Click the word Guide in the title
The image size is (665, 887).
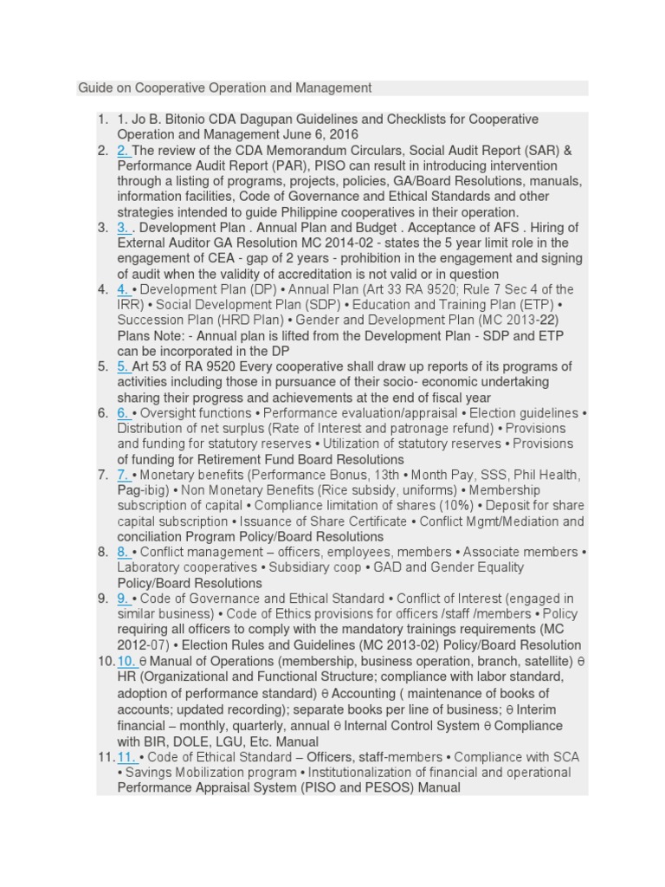point(94,87)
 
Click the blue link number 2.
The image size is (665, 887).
point(124,150)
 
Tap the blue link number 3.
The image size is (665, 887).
point(124,227)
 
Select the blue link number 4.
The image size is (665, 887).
point(124,289)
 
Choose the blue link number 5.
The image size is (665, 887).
point(124,366)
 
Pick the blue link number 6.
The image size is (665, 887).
point(124,413)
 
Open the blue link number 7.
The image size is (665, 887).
point(124,475)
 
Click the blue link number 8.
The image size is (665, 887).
point(124,552)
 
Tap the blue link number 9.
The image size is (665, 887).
point(124,599)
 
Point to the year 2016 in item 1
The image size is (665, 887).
point(342,135)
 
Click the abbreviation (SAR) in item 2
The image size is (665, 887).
point(538,151)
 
